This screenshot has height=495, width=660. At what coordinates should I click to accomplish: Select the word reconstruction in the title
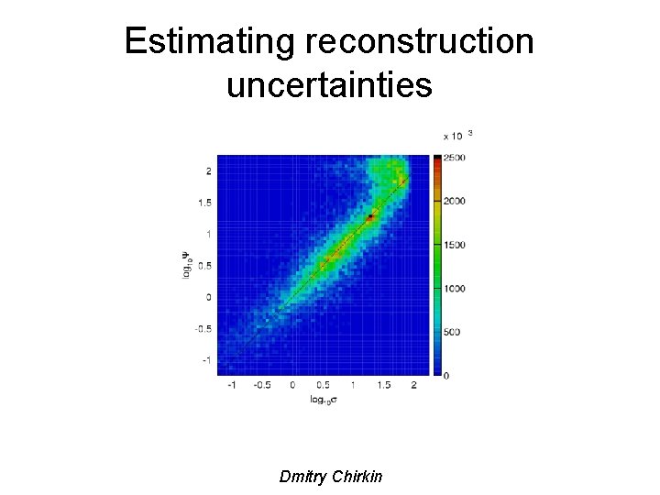click(x=424, y=41)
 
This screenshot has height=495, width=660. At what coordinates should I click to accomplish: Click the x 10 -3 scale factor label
click(x=458, y=136)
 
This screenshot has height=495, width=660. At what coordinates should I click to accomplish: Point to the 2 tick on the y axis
click(x=209, y=170)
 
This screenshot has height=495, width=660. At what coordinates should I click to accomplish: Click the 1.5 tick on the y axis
click(x=206, y=203)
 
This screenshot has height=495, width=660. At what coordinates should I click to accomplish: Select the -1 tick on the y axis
click(x=207, y=359)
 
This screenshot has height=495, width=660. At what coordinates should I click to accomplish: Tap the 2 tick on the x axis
click(x=414, y=386)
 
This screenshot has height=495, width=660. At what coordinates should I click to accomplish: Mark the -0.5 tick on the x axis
click(x=261, y=386)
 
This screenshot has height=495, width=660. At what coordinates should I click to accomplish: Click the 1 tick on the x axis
click(x=353, y=386)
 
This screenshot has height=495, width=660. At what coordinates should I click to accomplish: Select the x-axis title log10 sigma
click(x=322, y=400)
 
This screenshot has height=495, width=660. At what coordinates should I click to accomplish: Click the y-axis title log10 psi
click(x=187, y=265)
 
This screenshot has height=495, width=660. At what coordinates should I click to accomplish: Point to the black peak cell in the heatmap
click(x=370, y=217)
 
